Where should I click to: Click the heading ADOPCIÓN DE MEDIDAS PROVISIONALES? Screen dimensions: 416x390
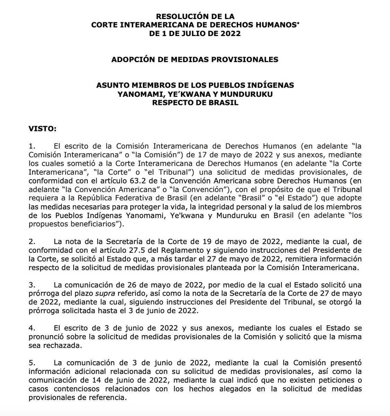[x=195, y=59]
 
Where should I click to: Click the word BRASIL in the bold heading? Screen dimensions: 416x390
[x=225, y=103]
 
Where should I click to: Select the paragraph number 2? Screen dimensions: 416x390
[x=31, y=242]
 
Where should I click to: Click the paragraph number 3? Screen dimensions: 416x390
[x=31, y=285]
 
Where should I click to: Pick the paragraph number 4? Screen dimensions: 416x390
[x=31, y=328]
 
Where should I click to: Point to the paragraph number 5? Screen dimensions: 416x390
[x=31, y=363]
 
